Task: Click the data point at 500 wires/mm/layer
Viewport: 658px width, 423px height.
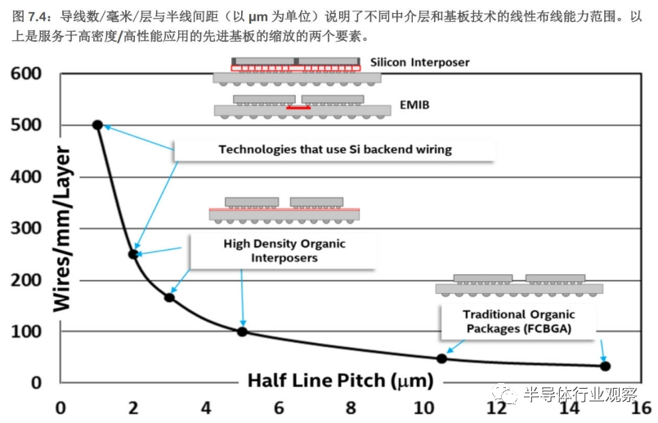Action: click(x=97, y=125)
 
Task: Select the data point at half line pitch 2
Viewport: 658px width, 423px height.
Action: click(x=133, y=254)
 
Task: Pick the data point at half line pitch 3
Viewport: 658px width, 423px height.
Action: click(x=169, y=297)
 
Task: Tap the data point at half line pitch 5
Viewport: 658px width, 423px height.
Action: click(x=242, y=332)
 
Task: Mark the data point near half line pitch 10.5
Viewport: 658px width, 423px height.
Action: click(x=442, y=358)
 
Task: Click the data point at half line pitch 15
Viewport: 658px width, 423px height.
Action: click(x=606, y=366)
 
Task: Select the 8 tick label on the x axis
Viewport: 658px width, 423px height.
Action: click(x=351, y=407)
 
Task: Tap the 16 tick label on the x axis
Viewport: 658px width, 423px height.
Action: click(x=641, y=407)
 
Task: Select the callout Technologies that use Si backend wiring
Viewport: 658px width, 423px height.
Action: click(x=335, y=149)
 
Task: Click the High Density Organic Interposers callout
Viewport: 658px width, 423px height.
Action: click(x=284, y=251)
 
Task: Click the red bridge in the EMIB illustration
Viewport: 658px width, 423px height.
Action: click(x=298, y=107)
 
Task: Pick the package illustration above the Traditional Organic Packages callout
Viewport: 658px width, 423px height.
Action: click(x=519, y=285)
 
